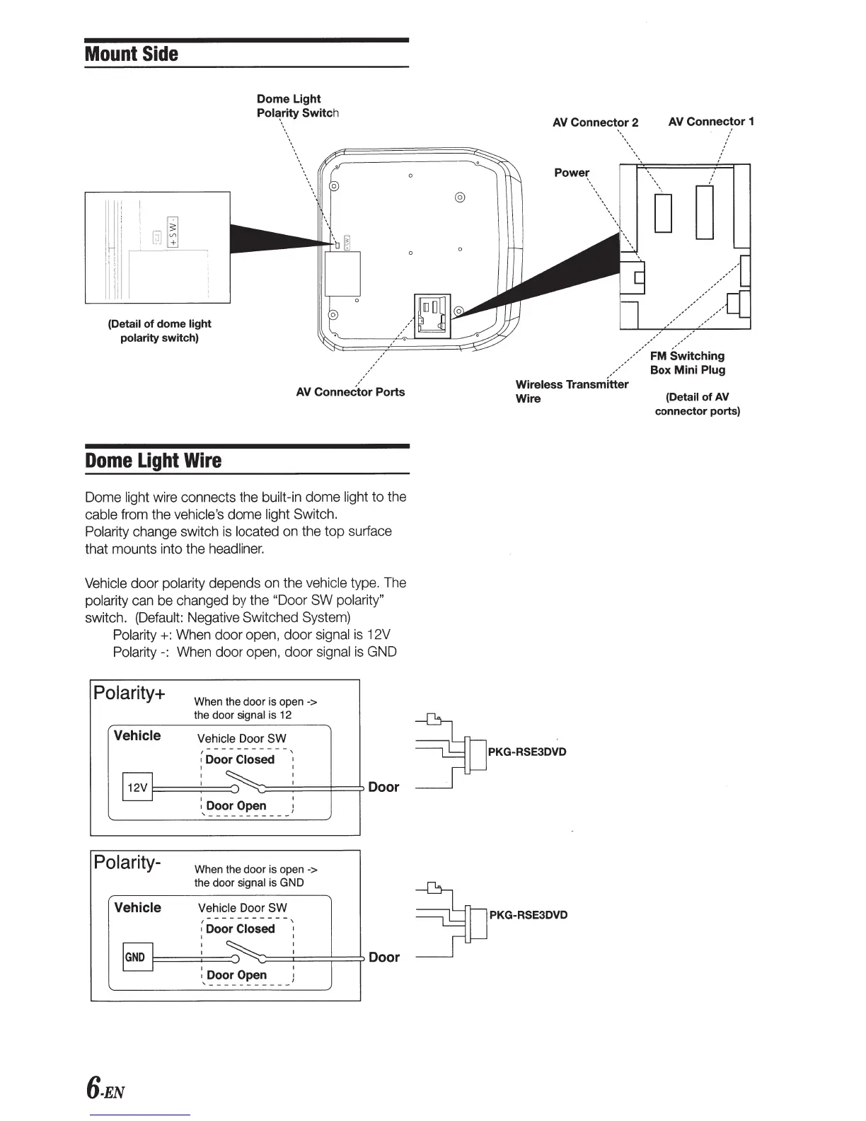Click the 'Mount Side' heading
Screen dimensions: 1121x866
tap(132, 54)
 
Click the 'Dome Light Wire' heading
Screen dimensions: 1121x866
tap(153, 461)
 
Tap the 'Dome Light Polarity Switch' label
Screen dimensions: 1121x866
tap(297, 106)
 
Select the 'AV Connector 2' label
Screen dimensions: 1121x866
tap(595, 122)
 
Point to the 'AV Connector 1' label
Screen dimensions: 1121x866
tap(711, 122)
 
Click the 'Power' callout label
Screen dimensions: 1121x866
tap(572, 173)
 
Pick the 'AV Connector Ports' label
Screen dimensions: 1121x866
tap(350, 392)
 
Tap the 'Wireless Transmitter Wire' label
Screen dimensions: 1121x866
tap(571, 391)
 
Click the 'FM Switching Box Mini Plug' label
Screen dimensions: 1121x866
tap(687, 362)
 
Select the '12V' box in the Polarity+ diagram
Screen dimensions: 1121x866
tap(137, 787)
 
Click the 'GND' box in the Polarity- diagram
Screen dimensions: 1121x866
tap(137, 958)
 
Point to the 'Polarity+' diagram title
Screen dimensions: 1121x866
tap(130, 692)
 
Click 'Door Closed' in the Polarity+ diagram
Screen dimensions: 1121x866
tap(240, 759)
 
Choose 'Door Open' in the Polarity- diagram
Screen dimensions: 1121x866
tap(236, 975)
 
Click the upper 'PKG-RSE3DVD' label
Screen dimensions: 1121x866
tap(527, 752)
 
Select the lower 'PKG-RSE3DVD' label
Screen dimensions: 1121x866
tap(528, 914)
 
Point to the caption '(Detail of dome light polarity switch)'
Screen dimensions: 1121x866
tap(159, 330)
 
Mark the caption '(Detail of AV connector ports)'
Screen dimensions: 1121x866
tap(697, 404)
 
